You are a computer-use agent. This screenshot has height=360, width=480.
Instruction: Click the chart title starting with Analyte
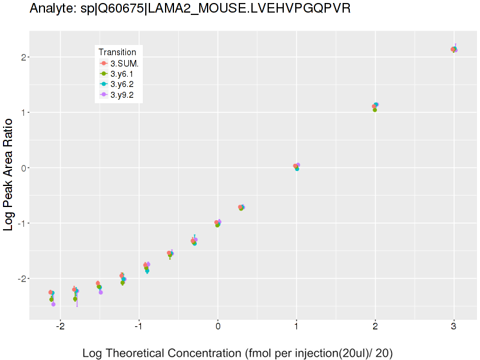point(190,8)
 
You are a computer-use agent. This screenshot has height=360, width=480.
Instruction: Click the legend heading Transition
point(121,52)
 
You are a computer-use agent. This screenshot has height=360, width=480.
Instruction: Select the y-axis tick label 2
point(23,57)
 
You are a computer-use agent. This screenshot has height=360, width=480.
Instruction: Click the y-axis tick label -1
point(21,223)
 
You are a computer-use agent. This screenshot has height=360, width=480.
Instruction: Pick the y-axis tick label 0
point(23,168)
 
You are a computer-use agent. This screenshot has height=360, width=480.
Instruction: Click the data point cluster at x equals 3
point(454,49)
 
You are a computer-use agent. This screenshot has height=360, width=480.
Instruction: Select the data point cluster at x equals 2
point(375,106)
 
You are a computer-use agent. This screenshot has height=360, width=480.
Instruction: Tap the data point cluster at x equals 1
point(296,166)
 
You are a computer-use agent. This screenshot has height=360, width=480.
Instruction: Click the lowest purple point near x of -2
point(53,304)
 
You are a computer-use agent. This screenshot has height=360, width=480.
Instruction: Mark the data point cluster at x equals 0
point(218,223)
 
